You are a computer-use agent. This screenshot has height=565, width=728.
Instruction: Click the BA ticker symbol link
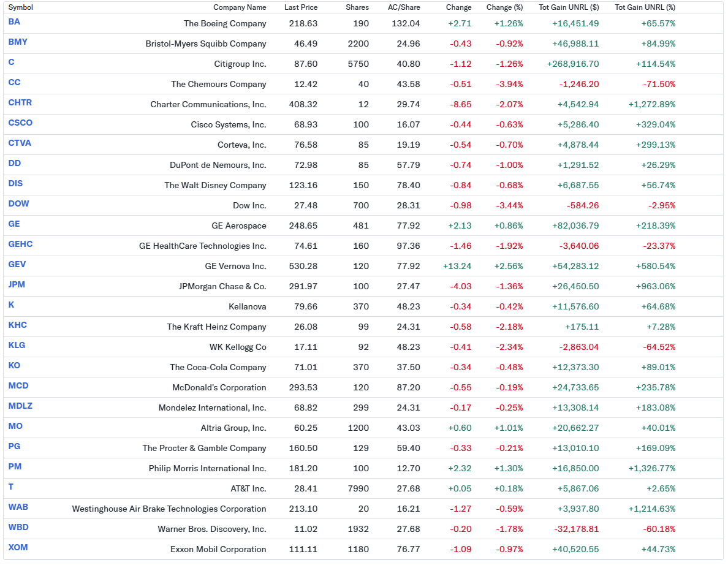coord(14,22)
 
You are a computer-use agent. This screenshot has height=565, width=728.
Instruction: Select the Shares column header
coord(357,7)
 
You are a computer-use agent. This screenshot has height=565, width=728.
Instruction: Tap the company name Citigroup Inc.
coord(240,64)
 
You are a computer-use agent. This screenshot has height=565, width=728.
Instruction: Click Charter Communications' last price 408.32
coord(303,104)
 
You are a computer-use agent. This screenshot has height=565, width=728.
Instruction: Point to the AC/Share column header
coord(404,7)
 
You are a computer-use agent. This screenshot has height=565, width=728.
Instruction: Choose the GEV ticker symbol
coord(17,265)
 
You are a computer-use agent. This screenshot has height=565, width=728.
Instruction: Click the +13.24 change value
coord(457,267)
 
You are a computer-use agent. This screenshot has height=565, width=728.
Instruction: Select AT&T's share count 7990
coord(358,489)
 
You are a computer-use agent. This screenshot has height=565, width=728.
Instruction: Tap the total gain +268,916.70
coord(573,64)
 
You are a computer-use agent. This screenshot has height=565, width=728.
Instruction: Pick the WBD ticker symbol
coord(18,528)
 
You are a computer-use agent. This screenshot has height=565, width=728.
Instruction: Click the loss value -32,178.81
coord(575,529)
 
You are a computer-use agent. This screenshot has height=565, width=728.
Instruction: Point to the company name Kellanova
coord(248,307)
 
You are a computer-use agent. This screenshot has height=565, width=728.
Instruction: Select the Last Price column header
coord(301,7)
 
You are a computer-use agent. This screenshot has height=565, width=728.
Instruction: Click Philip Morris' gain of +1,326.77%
coord(652,468)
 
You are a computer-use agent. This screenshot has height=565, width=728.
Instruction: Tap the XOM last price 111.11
coord(303,550)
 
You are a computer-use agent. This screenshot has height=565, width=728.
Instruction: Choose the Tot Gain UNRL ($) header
coord(569,7)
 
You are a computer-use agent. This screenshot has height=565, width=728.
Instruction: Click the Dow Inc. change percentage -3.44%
coord(509,206)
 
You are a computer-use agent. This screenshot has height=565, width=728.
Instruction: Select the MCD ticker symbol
coord(18,386)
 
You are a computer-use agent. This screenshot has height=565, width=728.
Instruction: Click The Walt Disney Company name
coord(216,186)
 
